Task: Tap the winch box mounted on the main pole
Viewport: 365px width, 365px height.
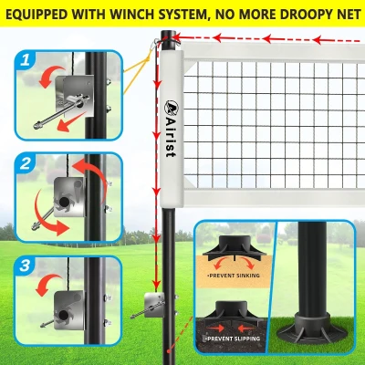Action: (x=153, y=300)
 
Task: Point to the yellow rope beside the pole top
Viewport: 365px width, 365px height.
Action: (x=146, y=64)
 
